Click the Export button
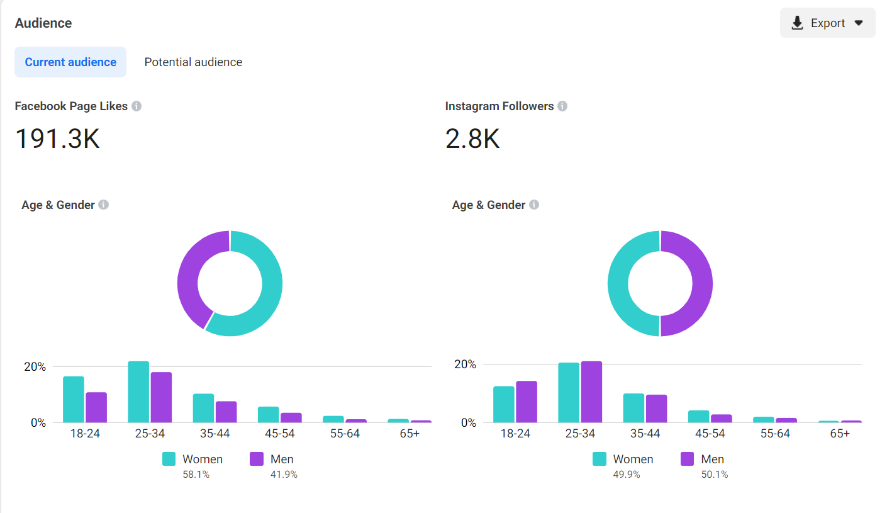click(x=827, y=23)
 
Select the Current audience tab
click(x=70, y=62)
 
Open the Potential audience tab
click(x=193, y=62)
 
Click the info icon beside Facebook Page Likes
click(x=137, y=106)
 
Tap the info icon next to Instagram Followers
click(x=562, y=106)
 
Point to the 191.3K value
click(x=57, y=138)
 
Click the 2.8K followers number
click(x=472, y=138)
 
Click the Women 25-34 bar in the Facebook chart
click(x=138, y=392)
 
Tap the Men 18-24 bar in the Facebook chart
click(x=96, y=407)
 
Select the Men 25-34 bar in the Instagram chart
click(x=591, y=392)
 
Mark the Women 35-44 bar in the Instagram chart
click(x=633, y=408)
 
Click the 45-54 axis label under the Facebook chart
click(x=280, y=434)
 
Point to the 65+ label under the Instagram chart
click(x=840, y=434)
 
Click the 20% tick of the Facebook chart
click(x=35, y=367)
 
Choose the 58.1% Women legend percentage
click(x=196, y=475)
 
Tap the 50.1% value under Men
click(x=715, y=475)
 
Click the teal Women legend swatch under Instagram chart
click(x=600, y=459)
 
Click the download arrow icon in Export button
click(x=797, y=23)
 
